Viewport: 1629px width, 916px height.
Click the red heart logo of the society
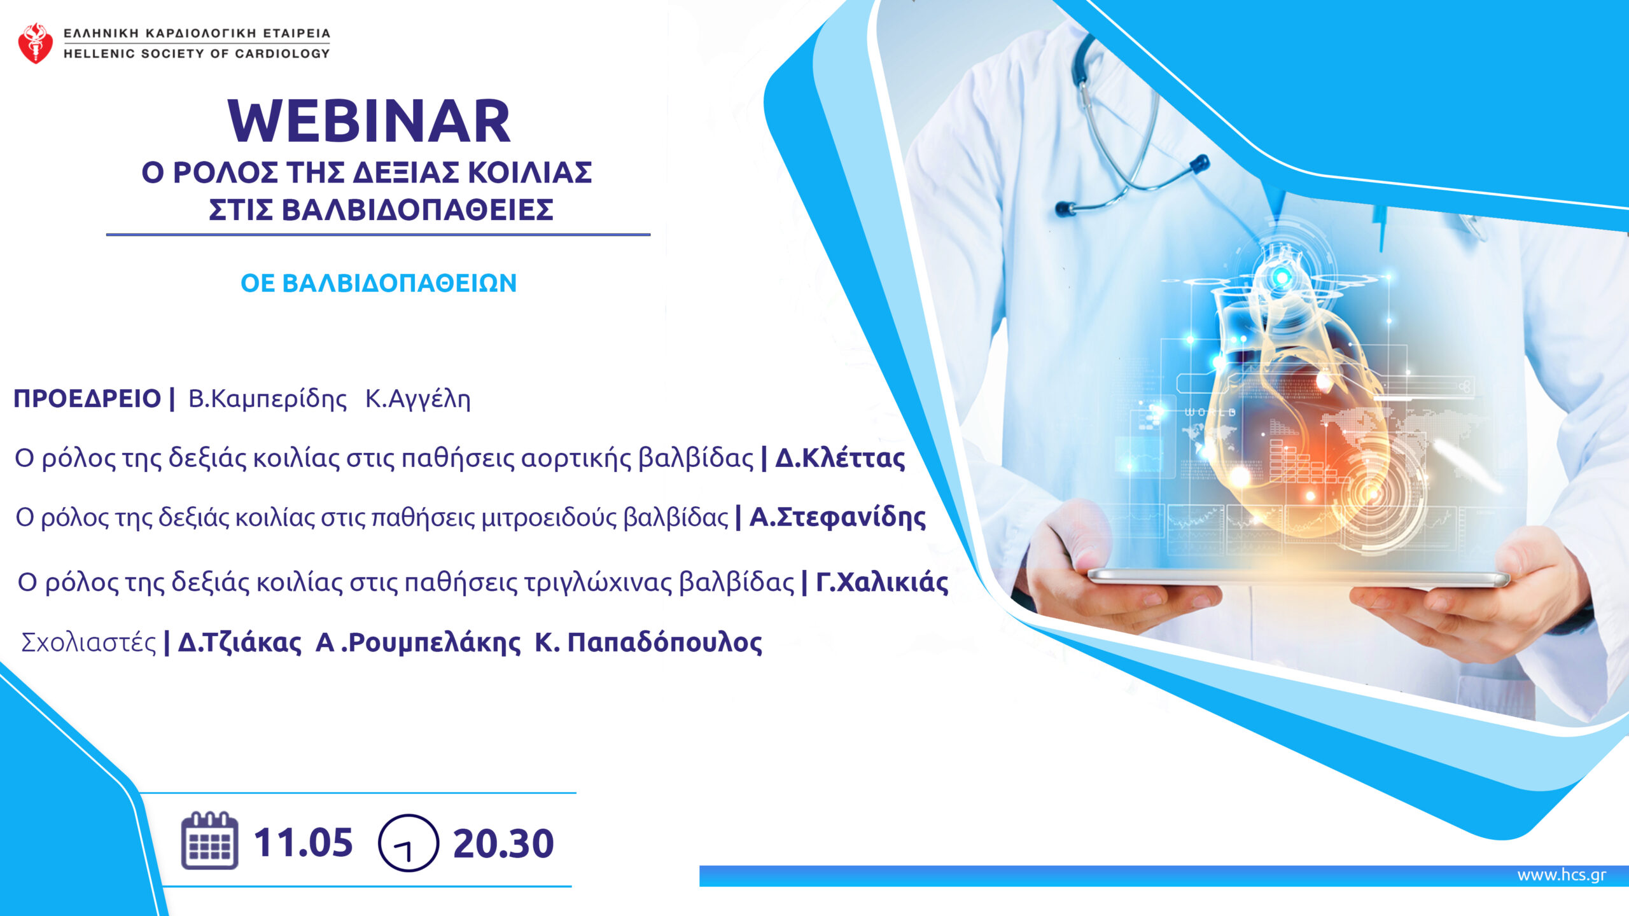pos(36,43)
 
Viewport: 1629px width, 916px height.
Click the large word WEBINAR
pos(369,121)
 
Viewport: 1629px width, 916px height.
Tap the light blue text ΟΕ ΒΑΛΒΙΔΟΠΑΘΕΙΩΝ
pos(379,283)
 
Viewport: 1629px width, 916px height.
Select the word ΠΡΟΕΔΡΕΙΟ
pos(87,399)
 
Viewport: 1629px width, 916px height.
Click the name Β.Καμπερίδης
pos(268,399)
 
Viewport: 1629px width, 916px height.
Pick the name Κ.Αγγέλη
pos(418,399)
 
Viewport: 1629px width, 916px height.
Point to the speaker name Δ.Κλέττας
pos(840,458)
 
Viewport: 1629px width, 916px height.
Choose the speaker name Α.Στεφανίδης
pos(837,517)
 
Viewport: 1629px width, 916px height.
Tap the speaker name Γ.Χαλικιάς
pos(882,582)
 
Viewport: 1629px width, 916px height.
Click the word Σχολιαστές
pos(88,642)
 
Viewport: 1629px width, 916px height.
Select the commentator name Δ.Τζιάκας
pos(240,642)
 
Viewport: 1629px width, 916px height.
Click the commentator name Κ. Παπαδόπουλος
pos(648,642)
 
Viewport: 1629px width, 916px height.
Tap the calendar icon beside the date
pos(210,840)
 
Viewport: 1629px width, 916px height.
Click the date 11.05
pos(304,843)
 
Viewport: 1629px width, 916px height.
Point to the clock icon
pos(409,843)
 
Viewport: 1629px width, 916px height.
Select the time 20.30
pos(503,843)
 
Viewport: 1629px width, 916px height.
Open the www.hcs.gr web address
pos(1562,875)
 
